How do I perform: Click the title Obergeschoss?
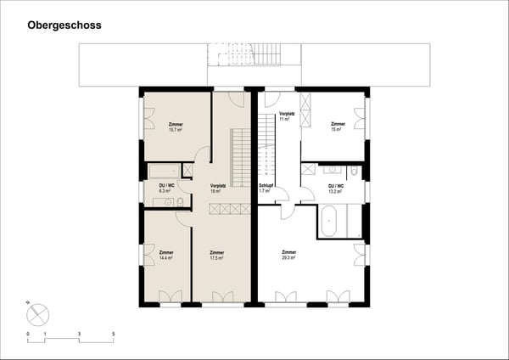tap(64, 25)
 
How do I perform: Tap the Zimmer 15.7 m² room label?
tap(176, 127)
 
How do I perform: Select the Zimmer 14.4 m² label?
tap(165, 255)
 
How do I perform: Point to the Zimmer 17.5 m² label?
tap(217, 255)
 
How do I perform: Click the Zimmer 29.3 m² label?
tap(289, 255)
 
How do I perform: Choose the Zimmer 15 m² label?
tap(337, 127)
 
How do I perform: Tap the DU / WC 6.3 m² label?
tap(166, 188)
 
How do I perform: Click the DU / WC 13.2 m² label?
tap(335, 188)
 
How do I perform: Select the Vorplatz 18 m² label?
tap(216, 188)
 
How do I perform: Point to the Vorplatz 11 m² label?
tap(286, 116)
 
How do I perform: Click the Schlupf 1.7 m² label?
tap(266, 188)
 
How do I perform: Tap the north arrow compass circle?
tap(37, 315)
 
